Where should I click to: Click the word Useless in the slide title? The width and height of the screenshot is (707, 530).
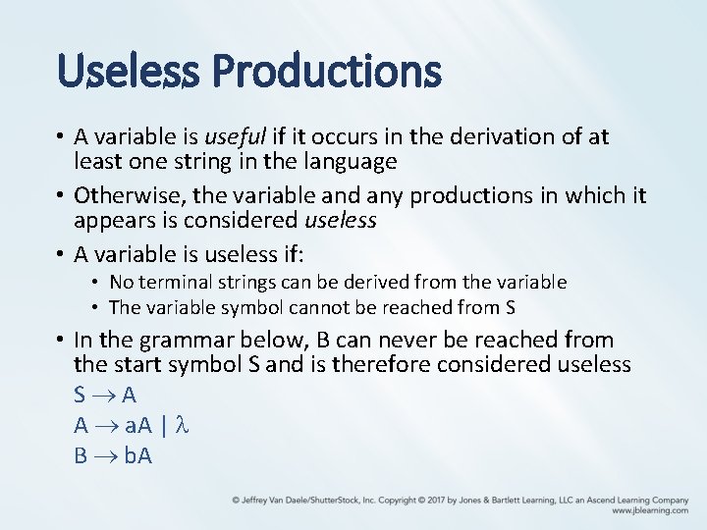coord(129,71)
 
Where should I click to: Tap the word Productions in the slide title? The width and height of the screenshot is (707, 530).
coord(326,71)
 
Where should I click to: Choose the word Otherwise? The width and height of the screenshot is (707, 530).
coord(124,195)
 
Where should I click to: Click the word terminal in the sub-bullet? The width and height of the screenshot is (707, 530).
coord(173,283)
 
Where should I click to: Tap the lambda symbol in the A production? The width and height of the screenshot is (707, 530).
coord(179,425)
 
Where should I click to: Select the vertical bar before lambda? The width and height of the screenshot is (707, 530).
coord(163,425)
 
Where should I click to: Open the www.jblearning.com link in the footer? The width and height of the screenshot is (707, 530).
coord(649,510)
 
